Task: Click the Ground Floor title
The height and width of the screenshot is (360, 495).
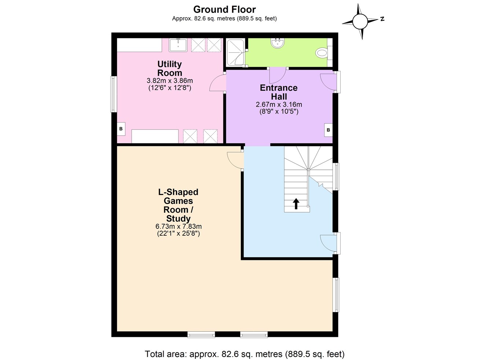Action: click(x=224, y=10)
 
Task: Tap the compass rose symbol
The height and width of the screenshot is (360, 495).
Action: click(x=360, y=21)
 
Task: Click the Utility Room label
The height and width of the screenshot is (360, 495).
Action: click(x=169, y=69)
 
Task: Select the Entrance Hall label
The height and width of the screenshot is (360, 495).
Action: click(x=279, y=92)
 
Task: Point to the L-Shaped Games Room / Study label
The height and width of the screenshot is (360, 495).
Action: click(x=178, y=205)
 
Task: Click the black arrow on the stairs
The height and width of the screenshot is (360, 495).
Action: click(x=296, y=204)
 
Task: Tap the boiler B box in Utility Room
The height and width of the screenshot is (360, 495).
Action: click(x=121, y=129)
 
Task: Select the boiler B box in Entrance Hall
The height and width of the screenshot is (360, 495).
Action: click(x=328, y=130)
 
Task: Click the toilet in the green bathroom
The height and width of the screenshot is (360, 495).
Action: click(x=322, y=53)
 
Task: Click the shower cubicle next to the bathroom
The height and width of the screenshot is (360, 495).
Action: click(x=235, y=52)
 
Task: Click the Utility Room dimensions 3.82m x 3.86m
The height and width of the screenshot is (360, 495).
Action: click(x=169, y=81)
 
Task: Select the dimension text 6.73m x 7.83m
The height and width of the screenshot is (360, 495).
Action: click(x=178, y=227)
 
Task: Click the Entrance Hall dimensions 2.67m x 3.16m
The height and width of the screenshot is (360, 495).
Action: click(x=279, y=104)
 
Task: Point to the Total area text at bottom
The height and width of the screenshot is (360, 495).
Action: click(x=245, y=354)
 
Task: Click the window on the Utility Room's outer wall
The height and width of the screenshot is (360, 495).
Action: click(x=114, y=94)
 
